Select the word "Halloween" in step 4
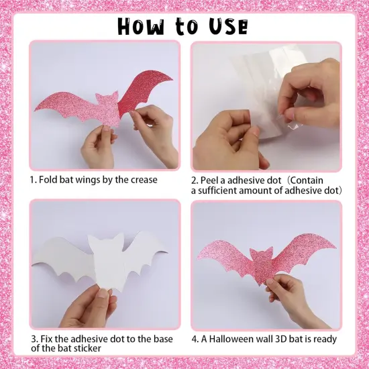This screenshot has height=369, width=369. [x=233, y=339]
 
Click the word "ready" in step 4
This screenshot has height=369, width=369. [x=323, y=339]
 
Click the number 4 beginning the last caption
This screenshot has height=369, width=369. [x=194, y=339]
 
